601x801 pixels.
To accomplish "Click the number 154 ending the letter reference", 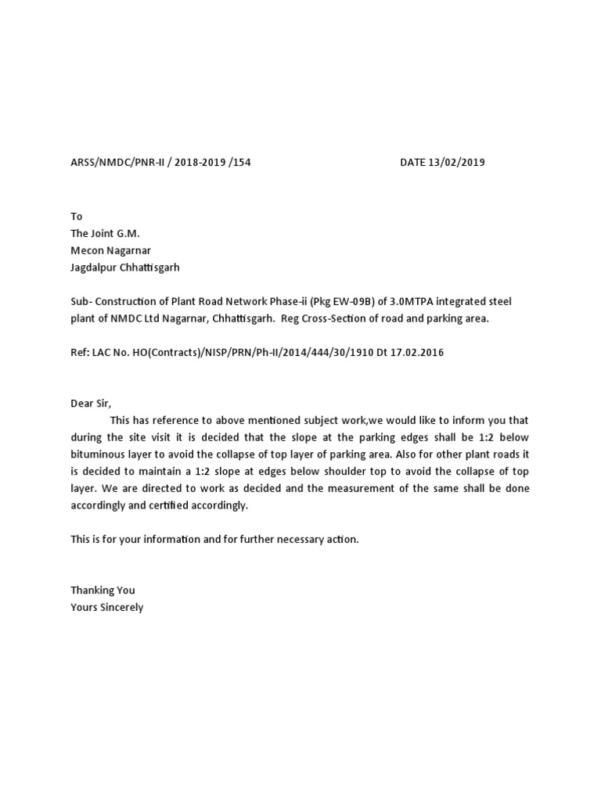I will click(x=242, y=163).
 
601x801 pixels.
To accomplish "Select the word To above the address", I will click(x=77, y=216).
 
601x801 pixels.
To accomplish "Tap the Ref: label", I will click(x=80, y=352).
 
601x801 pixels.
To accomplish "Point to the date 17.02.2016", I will click(x=417, y=352).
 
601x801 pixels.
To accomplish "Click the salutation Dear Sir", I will click(x=91, y=404).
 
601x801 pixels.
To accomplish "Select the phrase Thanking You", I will click(x=103, y=590).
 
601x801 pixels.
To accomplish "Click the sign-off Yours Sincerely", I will click(x=107, y=607).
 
